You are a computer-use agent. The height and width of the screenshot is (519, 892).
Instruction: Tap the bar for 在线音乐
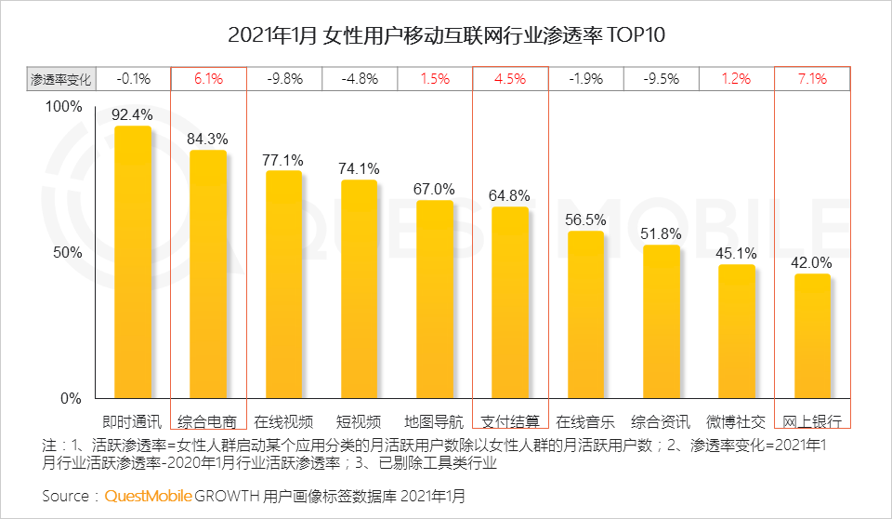(x=585, y=315)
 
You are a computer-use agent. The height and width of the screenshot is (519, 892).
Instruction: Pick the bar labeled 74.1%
(x=359, y=289)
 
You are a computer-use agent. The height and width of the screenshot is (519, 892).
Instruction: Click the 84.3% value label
(x=208, y=139)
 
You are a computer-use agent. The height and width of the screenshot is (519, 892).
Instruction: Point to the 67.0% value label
(x=434, y=189)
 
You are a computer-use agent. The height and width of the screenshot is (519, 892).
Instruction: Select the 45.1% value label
(x=736, y=253)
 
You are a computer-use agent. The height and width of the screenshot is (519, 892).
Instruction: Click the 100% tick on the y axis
(x=64, y=107)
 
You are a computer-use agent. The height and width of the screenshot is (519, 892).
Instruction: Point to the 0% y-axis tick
(x=72, y=399)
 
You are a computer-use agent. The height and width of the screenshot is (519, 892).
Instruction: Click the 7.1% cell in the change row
(x=812, y=79)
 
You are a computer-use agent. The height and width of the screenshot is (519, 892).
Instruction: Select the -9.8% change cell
(x=284, y=79)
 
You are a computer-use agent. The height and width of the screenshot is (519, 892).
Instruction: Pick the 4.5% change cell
(x=510, y=79)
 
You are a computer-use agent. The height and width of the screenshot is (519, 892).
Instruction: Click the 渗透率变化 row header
(x=60, y=79)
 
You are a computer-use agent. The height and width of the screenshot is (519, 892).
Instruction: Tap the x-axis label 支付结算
(x=510, y=419)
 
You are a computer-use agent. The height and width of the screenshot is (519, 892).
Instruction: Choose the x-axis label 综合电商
(x=208, y=419)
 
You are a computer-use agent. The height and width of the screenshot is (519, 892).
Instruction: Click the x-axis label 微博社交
(x=736, y=419)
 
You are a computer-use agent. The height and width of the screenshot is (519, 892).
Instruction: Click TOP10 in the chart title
(x=636, y=36)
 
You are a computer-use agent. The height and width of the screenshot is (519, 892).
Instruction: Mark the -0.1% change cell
(x=133, y=79)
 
